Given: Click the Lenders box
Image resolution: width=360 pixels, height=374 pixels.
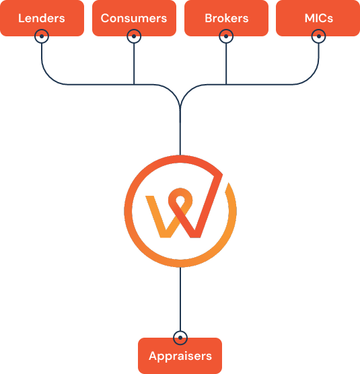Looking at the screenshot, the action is pyautogui.click(x=42, y=18).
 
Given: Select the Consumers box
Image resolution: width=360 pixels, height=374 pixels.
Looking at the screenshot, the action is pyautogui.click(x=134, y=18).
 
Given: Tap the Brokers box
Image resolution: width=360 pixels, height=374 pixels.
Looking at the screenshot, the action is pyautogui.click(x=226, y=18).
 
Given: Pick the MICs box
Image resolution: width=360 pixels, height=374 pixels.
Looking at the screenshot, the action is pyautogui.click(x=318, y=18).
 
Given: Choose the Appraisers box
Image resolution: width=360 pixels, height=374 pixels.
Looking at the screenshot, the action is pyautogui.click(x=180, y=356).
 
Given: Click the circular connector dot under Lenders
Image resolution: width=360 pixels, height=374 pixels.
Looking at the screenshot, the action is pyautogui.click(x=42, y=36).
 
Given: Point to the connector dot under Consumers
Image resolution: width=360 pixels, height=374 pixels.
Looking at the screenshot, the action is pyautogui.click(x=134, y=36).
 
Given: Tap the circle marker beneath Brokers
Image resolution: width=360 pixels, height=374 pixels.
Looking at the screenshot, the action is pyautogui.click(x=226, y=36).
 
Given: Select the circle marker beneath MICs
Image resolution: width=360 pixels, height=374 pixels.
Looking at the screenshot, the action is pyautogui.click(x=318, y=36).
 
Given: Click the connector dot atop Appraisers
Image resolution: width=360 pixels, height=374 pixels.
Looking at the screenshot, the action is pyautogui.click(x=180, y=338).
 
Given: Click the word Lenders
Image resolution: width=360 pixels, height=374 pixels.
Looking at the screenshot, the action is pyautogui.click(x=42, y=18).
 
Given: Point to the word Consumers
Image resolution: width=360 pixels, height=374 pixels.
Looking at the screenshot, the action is pyautogui.click(x=134, y=18).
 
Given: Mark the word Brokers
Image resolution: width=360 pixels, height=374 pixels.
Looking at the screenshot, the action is pyautogui.click(x=227, y=18).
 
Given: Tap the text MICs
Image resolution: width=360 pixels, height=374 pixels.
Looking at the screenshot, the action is pyautogui.click(x=319, y=18).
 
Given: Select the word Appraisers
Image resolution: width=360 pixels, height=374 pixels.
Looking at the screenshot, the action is pyautogui.click(x=180, y=357).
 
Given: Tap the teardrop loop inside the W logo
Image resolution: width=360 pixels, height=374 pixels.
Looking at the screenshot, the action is pyautogui.click(x=180, y=200).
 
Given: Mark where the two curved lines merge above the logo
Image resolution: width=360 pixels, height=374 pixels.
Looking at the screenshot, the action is pyautogui.click(x=180, y=108).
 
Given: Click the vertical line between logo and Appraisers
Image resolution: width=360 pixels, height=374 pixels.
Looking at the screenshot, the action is pyautogui.click(x=180, y=299).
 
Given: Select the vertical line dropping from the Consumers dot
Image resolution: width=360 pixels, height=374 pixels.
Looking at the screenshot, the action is pyautogui.click(x=134, y=64).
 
